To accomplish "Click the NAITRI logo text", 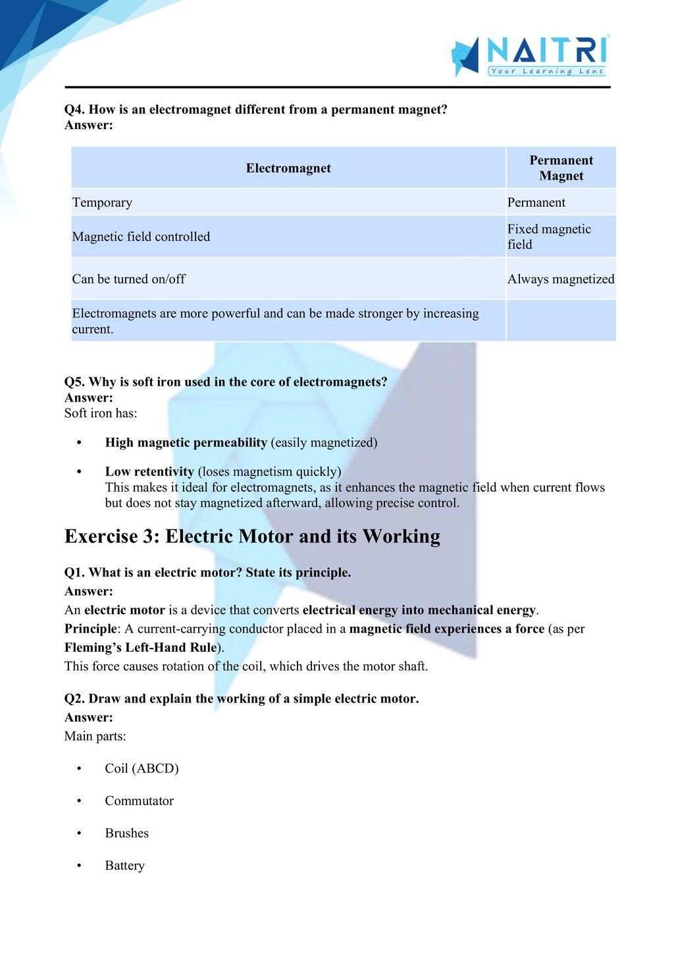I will [x=546, y=50].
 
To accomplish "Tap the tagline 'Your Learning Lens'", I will [x=546, y=71].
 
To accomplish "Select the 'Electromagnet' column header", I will [x=288, y=168].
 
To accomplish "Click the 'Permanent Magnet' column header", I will [x=561, y=168].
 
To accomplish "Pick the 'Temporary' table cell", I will [x=102, y=202].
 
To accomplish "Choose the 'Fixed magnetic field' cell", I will [x=549, y=236].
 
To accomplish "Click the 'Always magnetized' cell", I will [x=561, y=278].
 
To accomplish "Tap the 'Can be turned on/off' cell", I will [x=128, y=278].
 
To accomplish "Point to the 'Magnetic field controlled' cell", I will [x=141, y=236].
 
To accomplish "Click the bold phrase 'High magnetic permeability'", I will [x=186, y=442].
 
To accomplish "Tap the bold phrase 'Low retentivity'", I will [x=149, y=471].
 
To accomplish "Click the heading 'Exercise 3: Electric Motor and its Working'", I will [x=252, y=536].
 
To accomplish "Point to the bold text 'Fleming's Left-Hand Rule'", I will [x=140, y=647].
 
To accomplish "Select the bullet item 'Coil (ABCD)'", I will [x=142, y=768].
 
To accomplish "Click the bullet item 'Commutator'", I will [x=139, y=801].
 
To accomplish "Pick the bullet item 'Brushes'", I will [x=126, y=833].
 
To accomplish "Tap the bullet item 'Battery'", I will [x=124, y=865].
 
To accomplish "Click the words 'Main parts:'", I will [x=95, y=736].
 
